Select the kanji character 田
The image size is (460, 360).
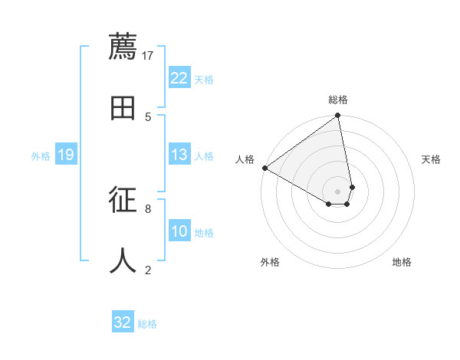(123, 108)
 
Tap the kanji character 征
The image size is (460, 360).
(123, 200)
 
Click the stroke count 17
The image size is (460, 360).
(148, 55)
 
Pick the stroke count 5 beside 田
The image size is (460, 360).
(148, 116)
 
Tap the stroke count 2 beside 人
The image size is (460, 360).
(148, 270)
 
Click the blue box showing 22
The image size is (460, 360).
(179, 78)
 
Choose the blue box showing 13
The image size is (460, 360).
(179, 155)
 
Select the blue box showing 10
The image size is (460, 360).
(179, 231)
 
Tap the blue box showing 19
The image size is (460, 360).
(66, 155)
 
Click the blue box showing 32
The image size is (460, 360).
(123, 322)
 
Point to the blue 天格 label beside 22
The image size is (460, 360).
(204, 79)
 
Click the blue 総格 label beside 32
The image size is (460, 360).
(147, 323)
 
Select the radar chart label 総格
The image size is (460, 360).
(338, 100)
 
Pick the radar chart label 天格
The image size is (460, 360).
(432, 159)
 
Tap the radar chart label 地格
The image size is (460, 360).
(402, 262)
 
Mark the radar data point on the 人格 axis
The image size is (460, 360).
(264, 168)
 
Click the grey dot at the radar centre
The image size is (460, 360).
(338, 191)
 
